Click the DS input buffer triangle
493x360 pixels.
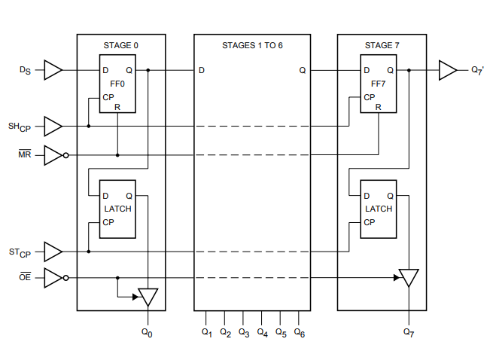[53, 70]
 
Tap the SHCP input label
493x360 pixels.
[20, 127]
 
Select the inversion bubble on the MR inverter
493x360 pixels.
[65, 155]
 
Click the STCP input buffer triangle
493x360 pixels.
[53, 252]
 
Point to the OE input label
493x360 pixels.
[25, 276]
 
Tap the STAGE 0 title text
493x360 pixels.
[120, 46]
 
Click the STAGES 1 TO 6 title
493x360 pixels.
[252, 46]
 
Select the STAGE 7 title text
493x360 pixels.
[382, 46]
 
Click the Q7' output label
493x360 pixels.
[477, 71]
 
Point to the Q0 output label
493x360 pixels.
[147, 333]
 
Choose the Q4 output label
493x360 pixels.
[262, 333]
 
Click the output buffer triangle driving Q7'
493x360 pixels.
[448, 70]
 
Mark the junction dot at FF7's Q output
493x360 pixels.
[409, 70]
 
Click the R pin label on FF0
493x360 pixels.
[117, 107]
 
